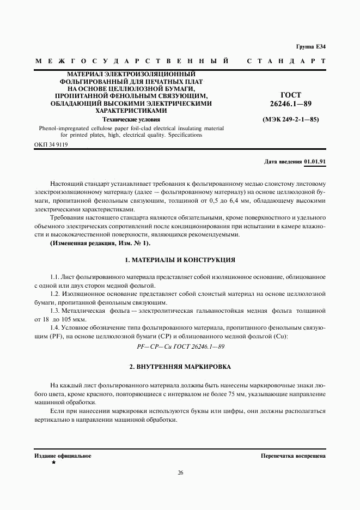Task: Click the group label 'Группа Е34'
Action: (310, 46)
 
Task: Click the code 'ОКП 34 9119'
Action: (51, 145)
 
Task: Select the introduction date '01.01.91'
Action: (315, 162)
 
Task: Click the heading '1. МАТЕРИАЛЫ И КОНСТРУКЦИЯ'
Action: (180, 260)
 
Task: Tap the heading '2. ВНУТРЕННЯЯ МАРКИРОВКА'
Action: (180, 367)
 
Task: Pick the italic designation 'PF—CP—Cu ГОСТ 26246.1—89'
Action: (180, 347)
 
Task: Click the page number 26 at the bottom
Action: (180, 472)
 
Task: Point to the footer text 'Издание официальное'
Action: (63, 455)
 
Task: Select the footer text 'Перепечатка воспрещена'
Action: (293, 455)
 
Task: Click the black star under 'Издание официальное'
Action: (53, 462)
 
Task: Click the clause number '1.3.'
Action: (56, 310)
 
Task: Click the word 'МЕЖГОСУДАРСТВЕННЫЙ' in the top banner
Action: (131, 61)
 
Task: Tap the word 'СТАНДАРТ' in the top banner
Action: (286, 61)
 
